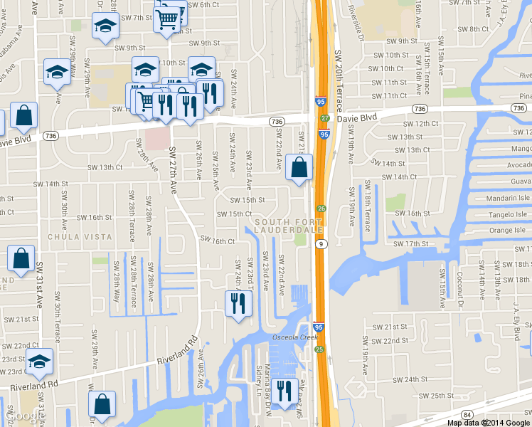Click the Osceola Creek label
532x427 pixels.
point(291,337)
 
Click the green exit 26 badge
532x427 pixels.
point(321,209)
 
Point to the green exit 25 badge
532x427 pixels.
point(319,349)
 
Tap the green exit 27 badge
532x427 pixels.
point(324,118)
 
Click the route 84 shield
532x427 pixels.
point(467,414)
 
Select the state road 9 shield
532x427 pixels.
point(323,244)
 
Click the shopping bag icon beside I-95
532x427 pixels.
point(299,168)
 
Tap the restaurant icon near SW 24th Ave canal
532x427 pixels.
point(238,304)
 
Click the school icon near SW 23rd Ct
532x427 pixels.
point(39,362)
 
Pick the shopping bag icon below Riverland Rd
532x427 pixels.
point(102,404)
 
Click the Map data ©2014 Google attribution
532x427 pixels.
point(488,422)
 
